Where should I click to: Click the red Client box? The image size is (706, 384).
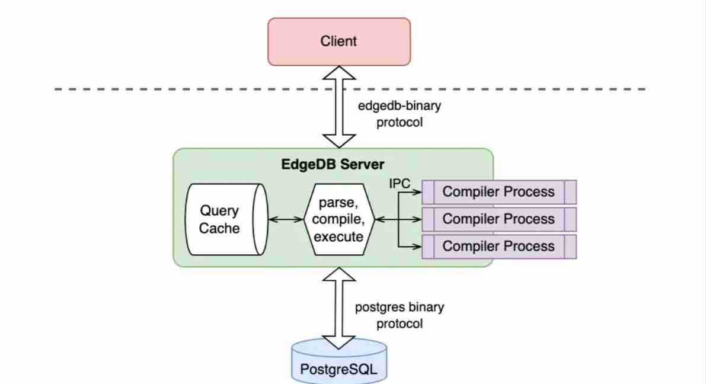(338, 41)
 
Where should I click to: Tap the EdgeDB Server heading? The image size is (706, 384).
(333, 164)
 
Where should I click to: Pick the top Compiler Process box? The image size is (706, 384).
(499, 192)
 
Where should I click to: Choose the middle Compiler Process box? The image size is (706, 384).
(499, 219)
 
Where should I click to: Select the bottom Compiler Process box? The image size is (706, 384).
(499, 246)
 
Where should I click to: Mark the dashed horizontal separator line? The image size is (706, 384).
(178, 89)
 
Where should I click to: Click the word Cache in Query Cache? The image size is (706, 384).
(219, 228)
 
